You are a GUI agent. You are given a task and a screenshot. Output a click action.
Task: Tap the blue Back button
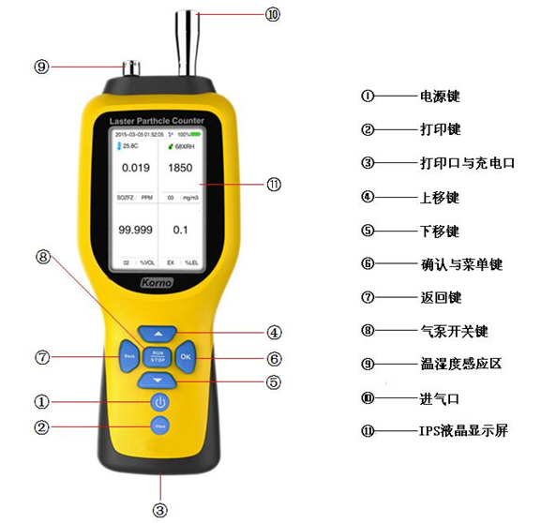point(128,357)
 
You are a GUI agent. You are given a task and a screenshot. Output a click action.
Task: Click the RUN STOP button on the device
point(158,357)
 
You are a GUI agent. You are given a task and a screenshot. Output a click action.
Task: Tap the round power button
point(160,402)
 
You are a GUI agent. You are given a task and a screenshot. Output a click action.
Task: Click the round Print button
point(160,426)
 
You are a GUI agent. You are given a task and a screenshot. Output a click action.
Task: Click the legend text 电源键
point(440,96)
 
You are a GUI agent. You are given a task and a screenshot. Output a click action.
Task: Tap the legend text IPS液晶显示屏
point(464,432)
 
